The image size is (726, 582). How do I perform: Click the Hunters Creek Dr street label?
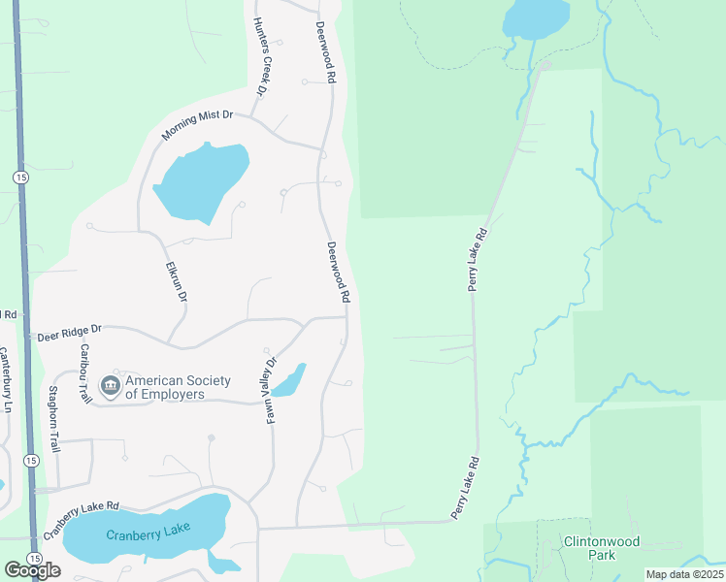pyautogui.click(x=259, y=57)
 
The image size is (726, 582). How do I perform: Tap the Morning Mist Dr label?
pyautogui.click(x=197, y=123)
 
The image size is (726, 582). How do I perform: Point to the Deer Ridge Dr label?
pyautogui.click(x=69, y=334)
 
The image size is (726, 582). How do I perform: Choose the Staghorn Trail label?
pyautogui.click(x=55, y=419)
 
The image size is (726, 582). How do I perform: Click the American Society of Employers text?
pyautogui.click(x=165, y=388)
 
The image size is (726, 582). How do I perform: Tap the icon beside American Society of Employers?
pyautogui.click(x=111, y=386)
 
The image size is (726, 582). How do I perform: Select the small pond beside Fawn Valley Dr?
pyautogui.click(x=288, y=381)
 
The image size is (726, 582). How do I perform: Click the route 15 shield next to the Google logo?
pyautogui.click(x=34, y=560)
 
